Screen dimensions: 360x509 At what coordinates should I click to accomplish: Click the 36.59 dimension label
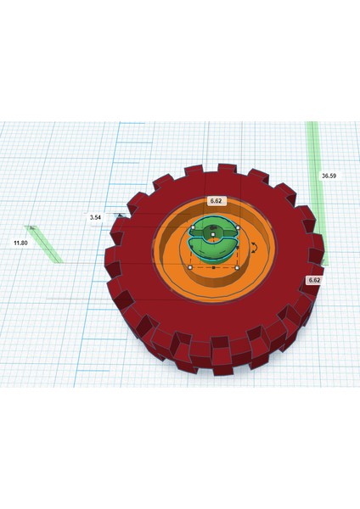pyautogui.click(x=329, y=176)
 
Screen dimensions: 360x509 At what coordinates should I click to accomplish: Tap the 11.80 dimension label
pyautogui.click(x=20, y=243)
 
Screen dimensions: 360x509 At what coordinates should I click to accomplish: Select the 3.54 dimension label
pyautogui.click(x=95, y=217)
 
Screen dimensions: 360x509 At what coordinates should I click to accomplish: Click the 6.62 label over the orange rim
pyautogui.click(x=216, y=201)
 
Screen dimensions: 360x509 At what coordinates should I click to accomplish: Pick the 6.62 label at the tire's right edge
pyautogui.click(x=314, y=280)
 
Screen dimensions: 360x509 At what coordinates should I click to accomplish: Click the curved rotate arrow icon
pyautogui.click(x=254, y=248)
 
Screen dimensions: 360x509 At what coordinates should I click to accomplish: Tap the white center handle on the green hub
pyautogui.click(x=213, y=234)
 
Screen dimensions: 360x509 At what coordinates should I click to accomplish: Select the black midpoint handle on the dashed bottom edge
pyautogui.click(x=213, y=268)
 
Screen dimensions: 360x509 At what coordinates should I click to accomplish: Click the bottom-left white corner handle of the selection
pyautogui.click(x=190, y=267)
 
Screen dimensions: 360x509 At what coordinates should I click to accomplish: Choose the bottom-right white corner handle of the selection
pyautogui.click(x=237, y=268)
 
